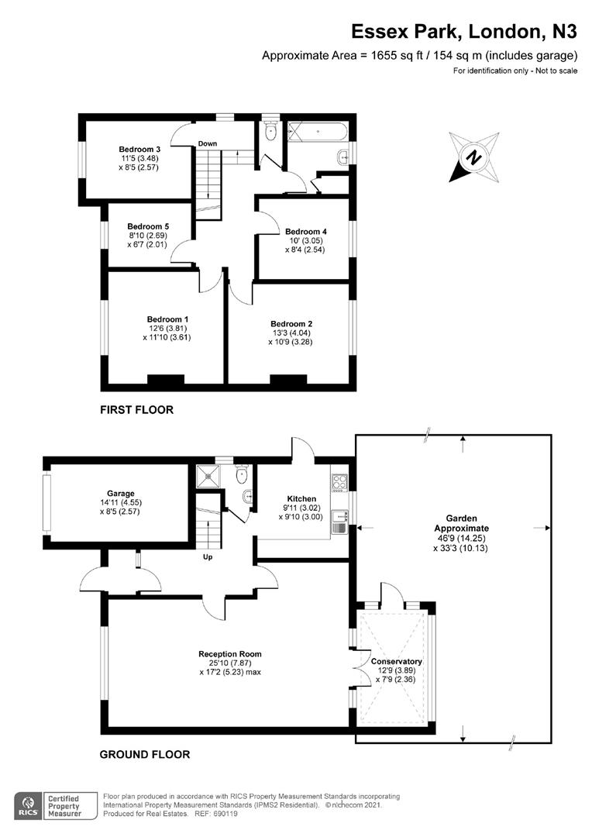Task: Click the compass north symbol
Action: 471,157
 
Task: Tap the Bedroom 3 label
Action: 139,149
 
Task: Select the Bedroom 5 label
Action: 148,226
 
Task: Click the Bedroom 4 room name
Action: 306,231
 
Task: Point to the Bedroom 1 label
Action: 168,319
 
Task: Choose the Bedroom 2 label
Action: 291,323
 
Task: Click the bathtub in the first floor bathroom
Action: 318,133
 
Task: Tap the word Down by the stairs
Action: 207,143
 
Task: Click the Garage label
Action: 121,493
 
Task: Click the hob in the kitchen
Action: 339,482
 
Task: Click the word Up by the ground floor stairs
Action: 208,556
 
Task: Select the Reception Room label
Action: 229,653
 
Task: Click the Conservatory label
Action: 396,661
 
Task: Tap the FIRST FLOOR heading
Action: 136,409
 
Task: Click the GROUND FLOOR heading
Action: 145,753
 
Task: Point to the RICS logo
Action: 29,803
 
